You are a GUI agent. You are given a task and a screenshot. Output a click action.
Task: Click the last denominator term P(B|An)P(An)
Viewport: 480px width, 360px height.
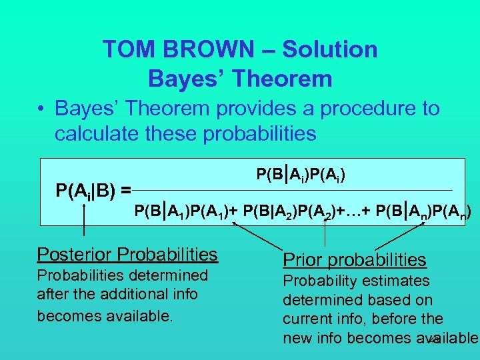coord(423,213)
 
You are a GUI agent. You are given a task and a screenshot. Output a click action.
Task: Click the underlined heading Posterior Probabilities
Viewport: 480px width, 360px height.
coord(127,255)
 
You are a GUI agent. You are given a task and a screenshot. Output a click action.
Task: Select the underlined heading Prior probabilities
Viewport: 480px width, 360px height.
coord(355,259)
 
